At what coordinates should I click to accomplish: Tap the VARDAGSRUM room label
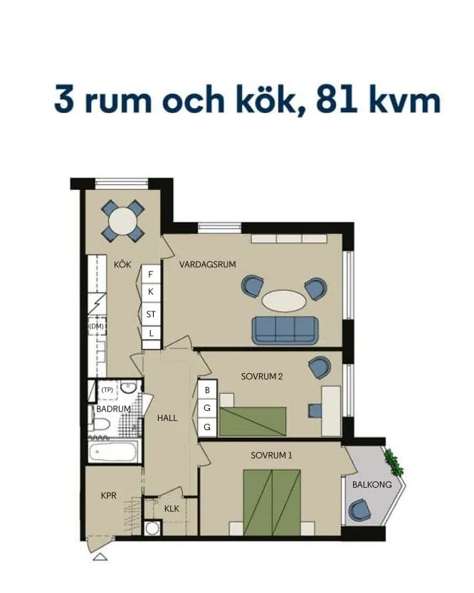tap(207, 265)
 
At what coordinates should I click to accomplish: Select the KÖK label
tap(122, 265)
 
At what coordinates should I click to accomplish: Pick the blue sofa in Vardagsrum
tap(284, 329)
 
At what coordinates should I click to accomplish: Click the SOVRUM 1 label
tap(271, 455)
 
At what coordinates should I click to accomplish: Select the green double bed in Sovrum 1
tap(272, 501)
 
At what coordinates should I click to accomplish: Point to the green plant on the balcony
tap(393, 463)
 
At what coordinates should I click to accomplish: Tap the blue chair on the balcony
tap(359, 510)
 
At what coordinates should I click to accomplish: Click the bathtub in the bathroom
tap(114, 452)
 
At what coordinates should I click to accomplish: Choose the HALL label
tap(167, 418)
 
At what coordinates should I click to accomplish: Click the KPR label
tap(109, 495)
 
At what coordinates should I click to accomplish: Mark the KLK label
tap(172, 509)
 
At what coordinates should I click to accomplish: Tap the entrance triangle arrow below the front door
tap(100, 556)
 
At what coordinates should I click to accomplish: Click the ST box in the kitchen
tap(151, 314)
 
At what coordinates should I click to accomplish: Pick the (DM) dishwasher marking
tap(96, 326)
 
